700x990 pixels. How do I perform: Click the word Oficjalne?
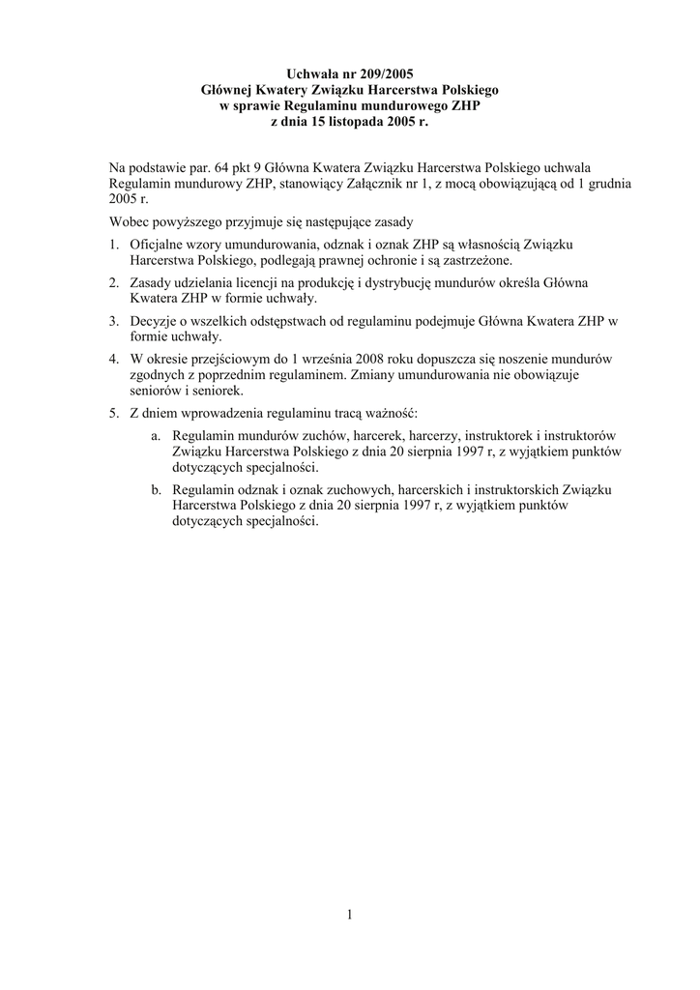[x=160, y=245]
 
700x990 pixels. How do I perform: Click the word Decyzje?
[x=156, y=320]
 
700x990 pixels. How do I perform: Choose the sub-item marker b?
[x=157, y=489]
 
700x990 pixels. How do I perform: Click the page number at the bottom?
[x=350, y=917]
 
